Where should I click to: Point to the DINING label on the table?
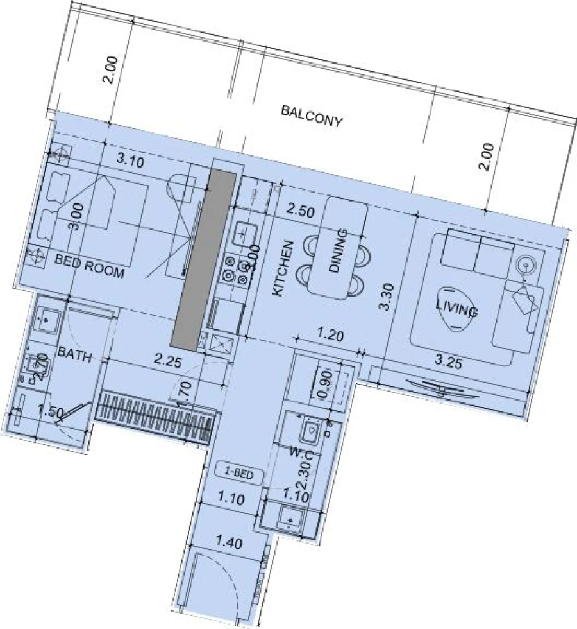(x=338, y=251)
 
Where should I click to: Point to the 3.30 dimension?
(x=385, y=297)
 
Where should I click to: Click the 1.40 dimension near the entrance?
(x=229, y=544)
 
